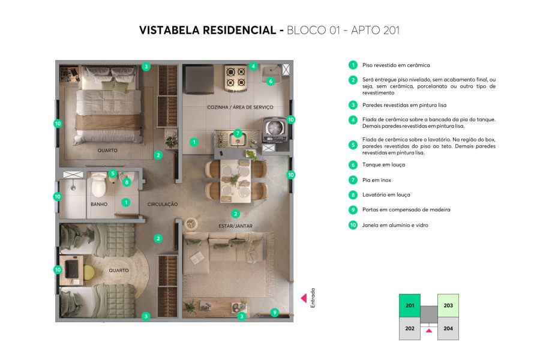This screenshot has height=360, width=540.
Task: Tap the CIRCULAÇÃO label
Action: pos(163,204)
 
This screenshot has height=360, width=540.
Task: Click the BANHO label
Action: pos(99,204)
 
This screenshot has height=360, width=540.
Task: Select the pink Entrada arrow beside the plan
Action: pos(304,298)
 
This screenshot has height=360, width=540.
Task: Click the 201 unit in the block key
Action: pos(410,305)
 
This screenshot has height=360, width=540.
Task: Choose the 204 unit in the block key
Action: pos(448,328)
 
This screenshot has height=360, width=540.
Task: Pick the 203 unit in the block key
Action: pos(448,305)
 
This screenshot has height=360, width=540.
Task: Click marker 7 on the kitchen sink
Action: pos(238,133)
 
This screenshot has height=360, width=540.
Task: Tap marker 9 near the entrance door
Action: pos(275,312)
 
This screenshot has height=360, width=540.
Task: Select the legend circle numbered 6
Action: pos(353,164)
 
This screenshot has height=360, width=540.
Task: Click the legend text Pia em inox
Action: pos(377,180)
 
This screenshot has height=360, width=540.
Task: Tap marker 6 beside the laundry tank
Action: pos(271,81)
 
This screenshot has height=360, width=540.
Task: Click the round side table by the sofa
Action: pos(191,223)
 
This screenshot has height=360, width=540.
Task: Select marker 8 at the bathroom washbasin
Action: pos(127,182)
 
